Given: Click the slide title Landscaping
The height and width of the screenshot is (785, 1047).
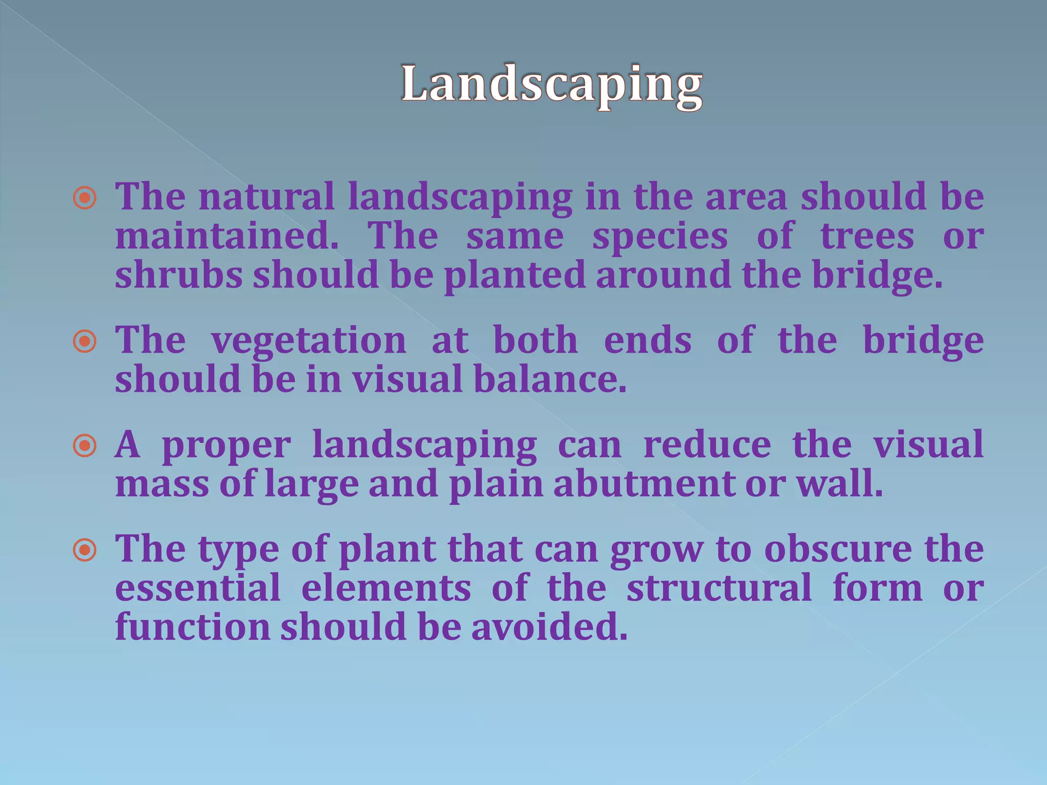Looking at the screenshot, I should coord(552,85).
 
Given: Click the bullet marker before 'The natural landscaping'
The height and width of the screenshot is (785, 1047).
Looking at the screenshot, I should coord(85,198).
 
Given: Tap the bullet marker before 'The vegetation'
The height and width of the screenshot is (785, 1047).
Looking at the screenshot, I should coord(85,341).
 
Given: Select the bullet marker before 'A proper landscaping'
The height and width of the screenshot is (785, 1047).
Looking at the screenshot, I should coord(85,446).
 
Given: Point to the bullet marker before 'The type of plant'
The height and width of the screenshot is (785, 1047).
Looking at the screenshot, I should coord(85,550).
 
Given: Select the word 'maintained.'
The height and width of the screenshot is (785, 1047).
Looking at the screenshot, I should coord(226,236).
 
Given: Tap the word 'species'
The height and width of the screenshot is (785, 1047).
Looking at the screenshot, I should coord(659,237).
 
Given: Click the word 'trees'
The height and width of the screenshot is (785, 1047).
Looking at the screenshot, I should coord(867,236).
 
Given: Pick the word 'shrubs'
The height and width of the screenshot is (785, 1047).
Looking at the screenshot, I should coord(178,275).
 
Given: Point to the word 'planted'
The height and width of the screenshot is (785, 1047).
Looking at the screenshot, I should coord(514,276).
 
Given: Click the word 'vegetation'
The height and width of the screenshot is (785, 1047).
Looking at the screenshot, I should coord(309,341).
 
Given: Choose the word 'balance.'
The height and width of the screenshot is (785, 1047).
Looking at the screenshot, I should coord(550,380).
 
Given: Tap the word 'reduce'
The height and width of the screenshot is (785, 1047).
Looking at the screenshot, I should coord(707,445).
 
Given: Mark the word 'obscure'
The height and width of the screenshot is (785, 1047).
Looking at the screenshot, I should coord(838,549).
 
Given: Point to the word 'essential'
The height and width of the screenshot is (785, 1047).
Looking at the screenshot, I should coord(198,588).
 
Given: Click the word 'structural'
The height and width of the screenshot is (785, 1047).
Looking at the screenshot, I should coord(719,588).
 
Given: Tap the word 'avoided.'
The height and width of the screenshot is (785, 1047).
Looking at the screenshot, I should coord(549,627).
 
